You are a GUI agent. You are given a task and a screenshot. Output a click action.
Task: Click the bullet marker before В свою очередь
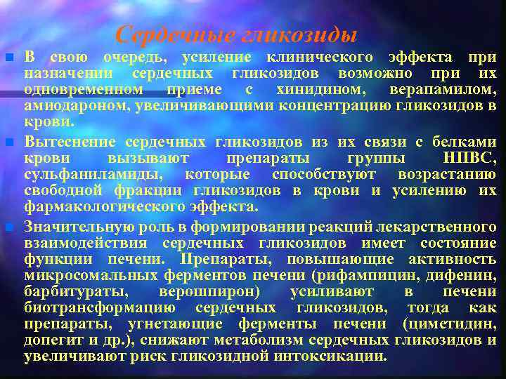tap(8, 57)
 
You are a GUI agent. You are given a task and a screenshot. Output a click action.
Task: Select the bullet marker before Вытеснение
tap(8, 142)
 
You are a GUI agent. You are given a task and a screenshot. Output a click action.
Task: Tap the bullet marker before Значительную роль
tap(8, 227)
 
